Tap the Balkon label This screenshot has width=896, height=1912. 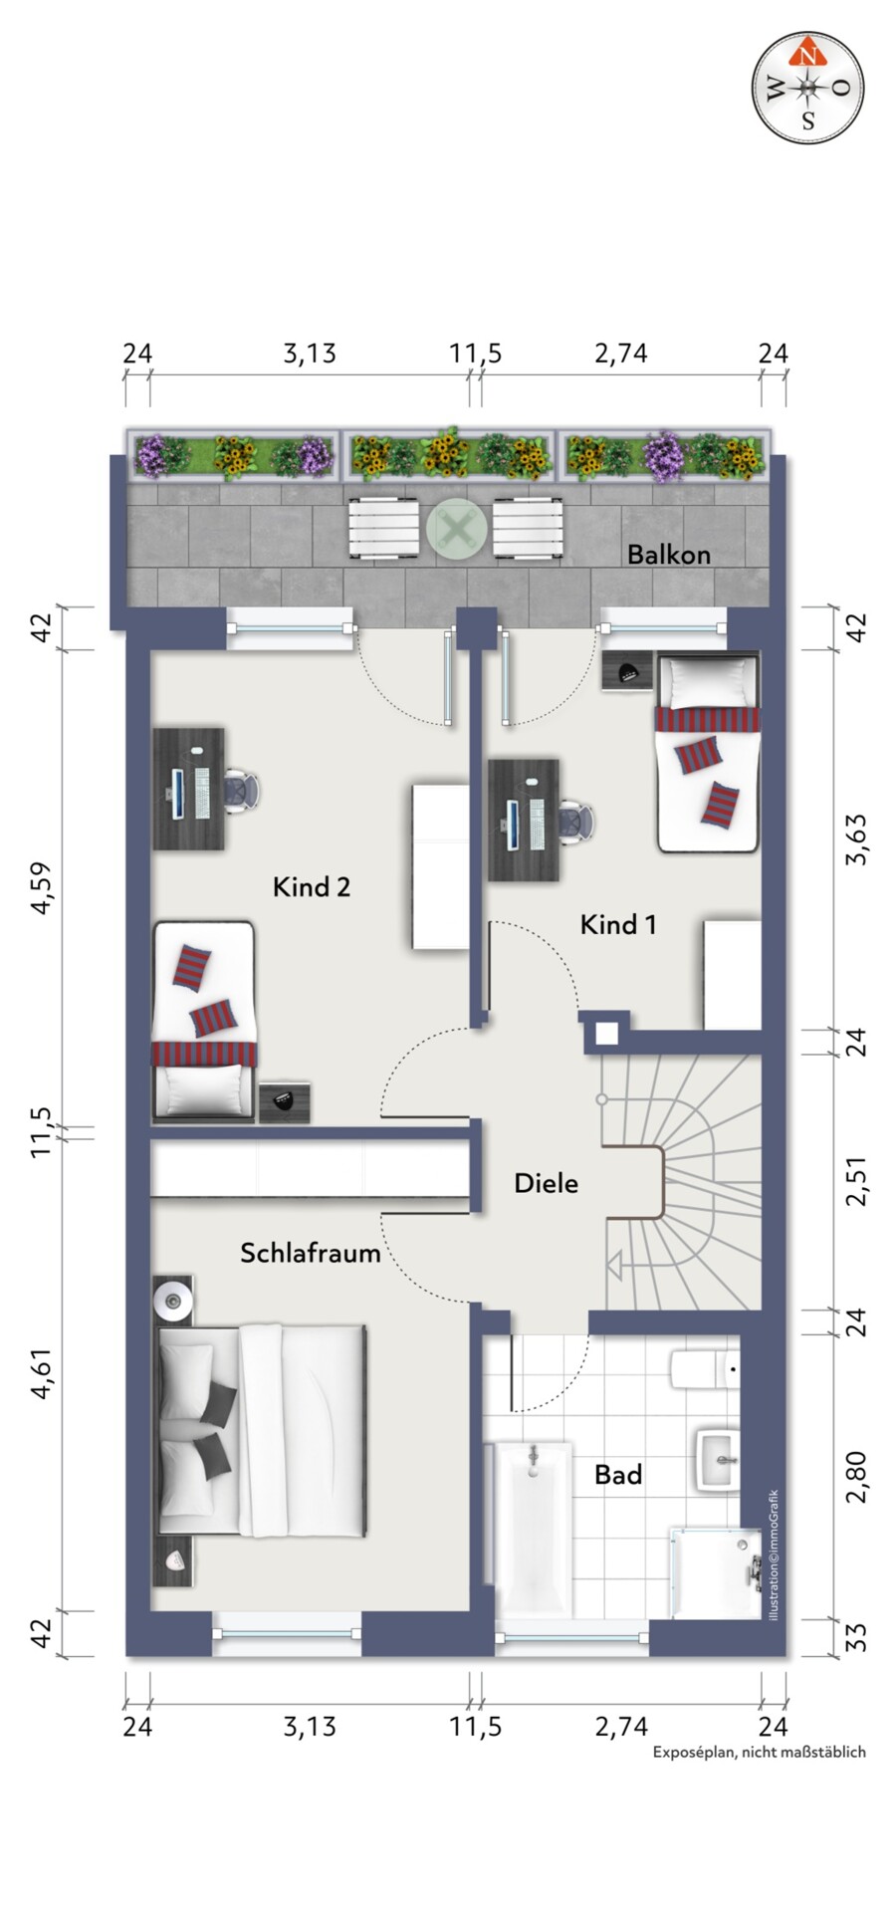(x=668, y=555)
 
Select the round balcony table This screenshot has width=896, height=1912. (x=457, y=528)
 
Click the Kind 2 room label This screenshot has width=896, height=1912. (x=312, y=886)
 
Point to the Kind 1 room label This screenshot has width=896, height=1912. (x=618, y=924)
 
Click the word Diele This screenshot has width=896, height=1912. (x=546, y=1183)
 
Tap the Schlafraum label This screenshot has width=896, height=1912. (x=311, y=1253)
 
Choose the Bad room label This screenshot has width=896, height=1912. (x=618, y=1474)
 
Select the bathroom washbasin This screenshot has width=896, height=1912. (x=719, y=1460)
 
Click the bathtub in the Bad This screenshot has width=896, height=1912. (x=533, y=1530)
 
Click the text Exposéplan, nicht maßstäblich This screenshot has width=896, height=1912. (x=759, y=1780)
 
